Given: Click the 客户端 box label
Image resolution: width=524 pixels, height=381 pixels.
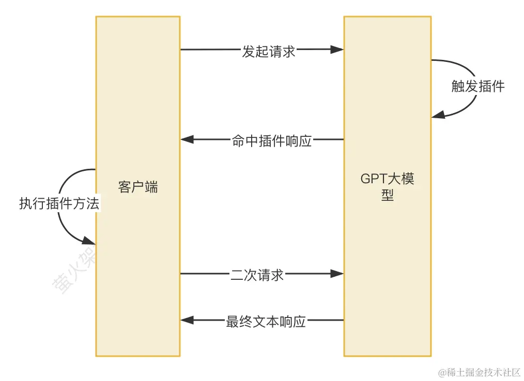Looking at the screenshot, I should pos(138,187).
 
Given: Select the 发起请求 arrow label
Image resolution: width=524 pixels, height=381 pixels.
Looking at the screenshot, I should pos(269,52).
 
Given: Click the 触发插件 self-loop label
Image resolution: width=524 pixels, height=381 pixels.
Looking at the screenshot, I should pos(477,86).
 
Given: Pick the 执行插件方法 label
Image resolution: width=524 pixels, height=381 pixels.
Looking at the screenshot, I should pos(59,203).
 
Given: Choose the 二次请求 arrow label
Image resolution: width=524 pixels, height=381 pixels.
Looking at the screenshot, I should pos(257,275).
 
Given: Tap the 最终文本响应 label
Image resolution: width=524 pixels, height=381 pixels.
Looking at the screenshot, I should pos(266,322).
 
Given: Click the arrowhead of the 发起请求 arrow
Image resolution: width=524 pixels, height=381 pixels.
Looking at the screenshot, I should pos(337,50).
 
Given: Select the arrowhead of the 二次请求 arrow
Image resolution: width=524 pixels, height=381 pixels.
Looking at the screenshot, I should pos(337,274).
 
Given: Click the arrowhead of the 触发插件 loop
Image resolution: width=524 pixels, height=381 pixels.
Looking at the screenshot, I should pos(437,115).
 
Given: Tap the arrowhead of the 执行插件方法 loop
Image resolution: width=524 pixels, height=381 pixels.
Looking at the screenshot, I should pos(89,241).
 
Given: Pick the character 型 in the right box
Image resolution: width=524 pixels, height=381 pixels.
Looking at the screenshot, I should pos(388,196).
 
